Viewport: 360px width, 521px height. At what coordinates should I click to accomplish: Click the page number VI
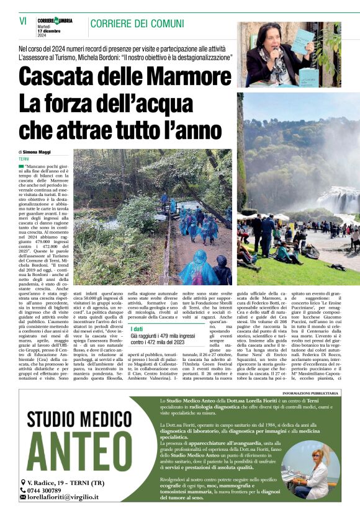[23, 21]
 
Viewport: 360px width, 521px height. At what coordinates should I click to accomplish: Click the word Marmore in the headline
[176, 76]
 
